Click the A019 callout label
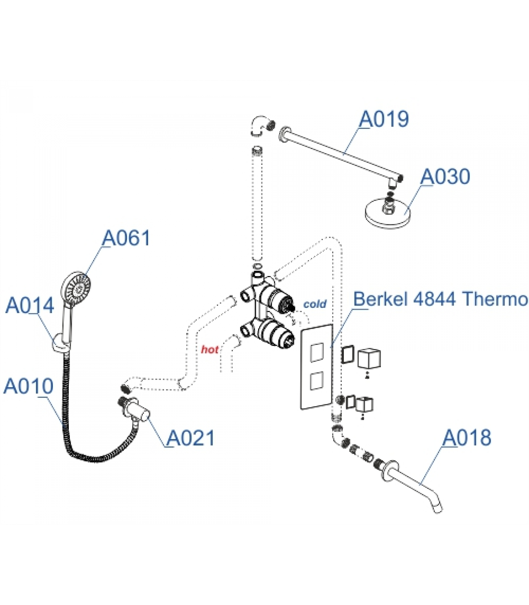tap(384, 119)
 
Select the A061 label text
tap(126, 238)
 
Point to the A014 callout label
tap(29, 305)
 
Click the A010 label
tap(28, 386)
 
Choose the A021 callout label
tap(190, 438)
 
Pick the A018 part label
tap(467, 438)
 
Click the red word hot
tap(209, 349)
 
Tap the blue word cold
tap(314, 304)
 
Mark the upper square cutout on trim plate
tap(316, 352)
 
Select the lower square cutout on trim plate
tap(316, 381)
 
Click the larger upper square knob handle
tap(369, 358)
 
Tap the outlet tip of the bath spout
tap(437, 509)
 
